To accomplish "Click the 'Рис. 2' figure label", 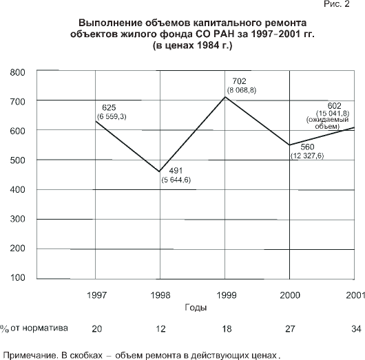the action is click(x=337, y=3).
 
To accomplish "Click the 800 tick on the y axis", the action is click(x=17, y=72).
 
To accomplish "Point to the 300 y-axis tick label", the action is click(x=17, y=219).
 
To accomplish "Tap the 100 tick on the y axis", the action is click(x=17, y=277).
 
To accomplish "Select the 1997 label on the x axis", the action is click(x=96, y=295).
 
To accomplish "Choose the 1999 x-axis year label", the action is click(x=227, y=295).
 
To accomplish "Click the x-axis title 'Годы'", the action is click(x=196, y=308).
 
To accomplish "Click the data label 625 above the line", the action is click(x=109, y=108).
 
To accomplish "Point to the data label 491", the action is click(x=176, y=171).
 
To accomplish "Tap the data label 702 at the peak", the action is click(x=239, y=81).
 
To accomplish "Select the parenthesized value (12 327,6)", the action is click(x=307, y=156).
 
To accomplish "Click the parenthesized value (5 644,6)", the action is click(x=176, y=180).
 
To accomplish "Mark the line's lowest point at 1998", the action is click(x=160, y=171).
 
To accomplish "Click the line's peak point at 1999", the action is click(x=225, y=97).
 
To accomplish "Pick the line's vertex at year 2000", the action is click(x=289, y=145).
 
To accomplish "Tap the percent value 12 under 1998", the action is click(x=160, y=329).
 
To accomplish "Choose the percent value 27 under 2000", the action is click(x=290, y=329).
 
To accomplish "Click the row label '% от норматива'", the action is click(x=34, y=328).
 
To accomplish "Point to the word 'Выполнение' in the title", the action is click(x=110, y=23).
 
